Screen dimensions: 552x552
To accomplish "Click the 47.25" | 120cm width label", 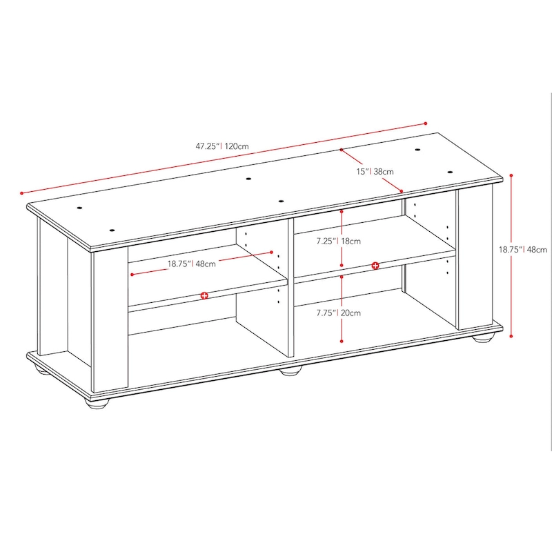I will [221, 146].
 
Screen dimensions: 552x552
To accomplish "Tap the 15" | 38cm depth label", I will [375, 170].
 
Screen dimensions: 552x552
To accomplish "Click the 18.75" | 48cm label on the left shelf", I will [191, 263].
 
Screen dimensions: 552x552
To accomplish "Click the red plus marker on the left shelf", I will [204, 295].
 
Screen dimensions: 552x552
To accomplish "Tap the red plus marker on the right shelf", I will [375, 266].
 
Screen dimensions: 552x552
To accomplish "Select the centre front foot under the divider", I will [291, 371].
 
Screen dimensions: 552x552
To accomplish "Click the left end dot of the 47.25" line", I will [22, 193].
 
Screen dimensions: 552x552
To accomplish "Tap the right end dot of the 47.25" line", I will [426, 124].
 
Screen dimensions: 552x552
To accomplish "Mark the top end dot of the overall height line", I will [511, 175].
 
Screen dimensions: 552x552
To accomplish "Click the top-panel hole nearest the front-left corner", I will [112, 230].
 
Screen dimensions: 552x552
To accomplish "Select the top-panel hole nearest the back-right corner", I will [418, 149].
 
